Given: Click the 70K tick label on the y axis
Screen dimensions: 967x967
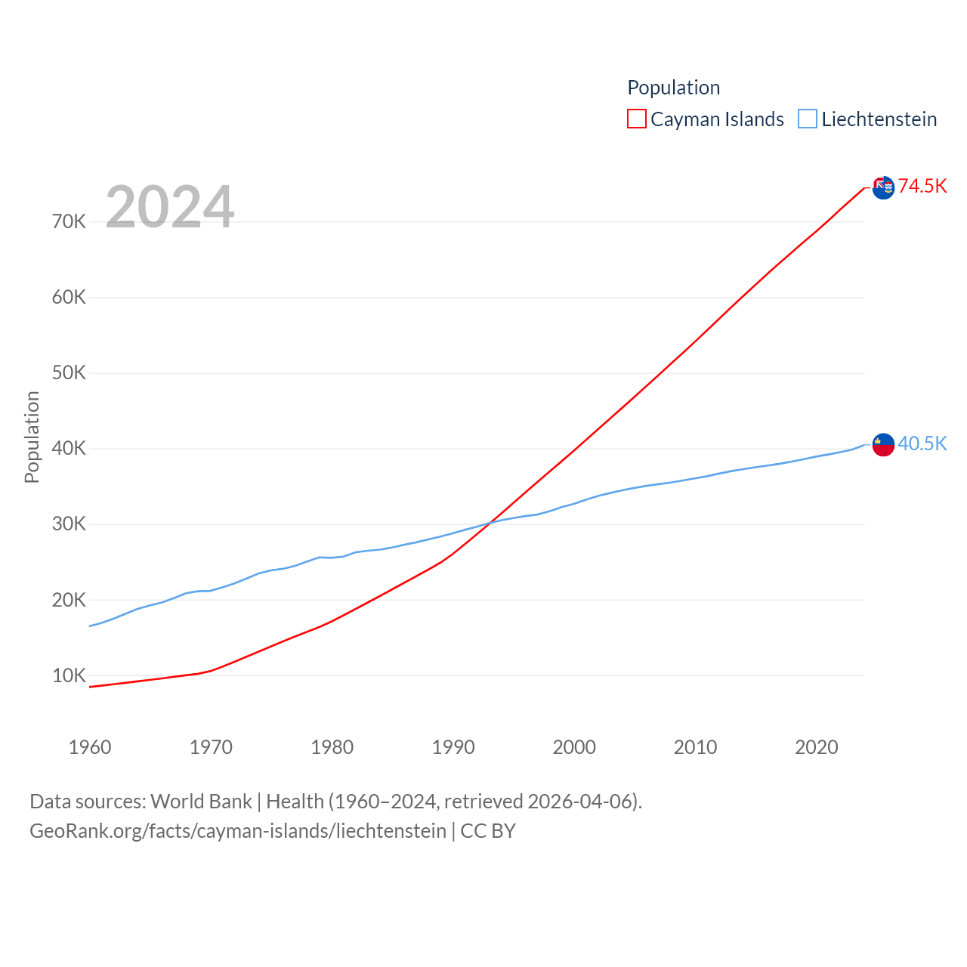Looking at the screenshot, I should (70, 221).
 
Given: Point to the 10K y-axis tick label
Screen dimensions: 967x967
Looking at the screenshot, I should (70, 675).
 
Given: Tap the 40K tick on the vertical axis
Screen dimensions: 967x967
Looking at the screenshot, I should (70, 448).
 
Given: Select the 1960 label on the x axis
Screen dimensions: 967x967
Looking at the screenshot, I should (90, 747).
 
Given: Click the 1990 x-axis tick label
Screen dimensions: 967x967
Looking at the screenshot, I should (453, 747).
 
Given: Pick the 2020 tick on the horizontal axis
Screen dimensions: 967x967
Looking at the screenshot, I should (817, 747).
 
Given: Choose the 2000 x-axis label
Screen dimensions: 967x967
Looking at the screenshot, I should (574, 747).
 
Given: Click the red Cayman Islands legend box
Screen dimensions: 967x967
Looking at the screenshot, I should (637, 119).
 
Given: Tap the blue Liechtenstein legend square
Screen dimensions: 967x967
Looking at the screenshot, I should (808, 119).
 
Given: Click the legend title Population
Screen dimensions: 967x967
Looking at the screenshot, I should (673, 88).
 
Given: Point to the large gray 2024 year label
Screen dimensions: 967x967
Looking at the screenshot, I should (170, 206).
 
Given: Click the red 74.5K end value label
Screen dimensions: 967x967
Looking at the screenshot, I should (922, 186).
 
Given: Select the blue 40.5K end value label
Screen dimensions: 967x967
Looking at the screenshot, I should (922, 443).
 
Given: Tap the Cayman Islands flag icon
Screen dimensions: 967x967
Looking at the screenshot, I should (883, 187).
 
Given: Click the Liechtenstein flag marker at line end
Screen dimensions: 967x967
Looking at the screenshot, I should (883, 445).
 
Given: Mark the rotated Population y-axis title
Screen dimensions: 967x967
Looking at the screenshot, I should (32, 437).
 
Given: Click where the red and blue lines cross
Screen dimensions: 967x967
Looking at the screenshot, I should (489, 522).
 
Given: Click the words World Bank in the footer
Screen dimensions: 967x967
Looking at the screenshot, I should (201, 801).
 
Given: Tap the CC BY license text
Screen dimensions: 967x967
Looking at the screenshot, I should (488, 831).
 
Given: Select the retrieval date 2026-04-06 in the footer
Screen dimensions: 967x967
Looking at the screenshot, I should (582, 801).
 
